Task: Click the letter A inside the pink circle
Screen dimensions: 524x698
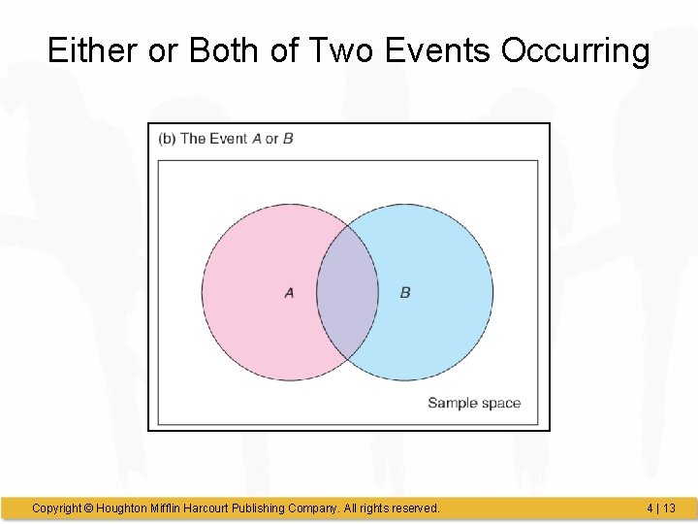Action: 289,292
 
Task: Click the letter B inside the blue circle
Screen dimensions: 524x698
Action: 405,292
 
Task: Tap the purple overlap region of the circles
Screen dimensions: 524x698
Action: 347,292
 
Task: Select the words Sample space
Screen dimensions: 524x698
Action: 474,403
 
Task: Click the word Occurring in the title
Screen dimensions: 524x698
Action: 575,50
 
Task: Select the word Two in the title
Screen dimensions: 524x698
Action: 341,50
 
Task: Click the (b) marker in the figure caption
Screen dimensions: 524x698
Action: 167,138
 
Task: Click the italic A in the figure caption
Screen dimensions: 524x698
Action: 257,138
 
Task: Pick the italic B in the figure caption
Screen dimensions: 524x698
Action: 288,138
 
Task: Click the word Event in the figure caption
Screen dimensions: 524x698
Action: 228,138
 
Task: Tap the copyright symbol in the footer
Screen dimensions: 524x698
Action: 88,508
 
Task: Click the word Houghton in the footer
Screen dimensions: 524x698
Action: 124,508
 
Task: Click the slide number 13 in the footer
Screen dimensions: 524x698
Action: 669,508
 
